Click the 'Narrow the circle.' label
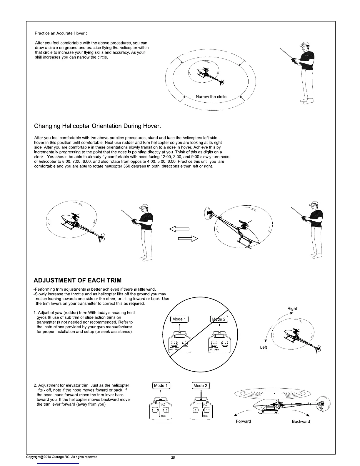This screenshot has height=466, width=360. pyautogui.click(x=211, y=97)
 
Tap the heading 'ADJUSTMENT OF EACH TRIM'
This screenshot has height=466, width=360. pyautogui.click(x=78, y=280)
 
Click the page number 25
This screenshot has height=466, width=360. pyautogui.click(x=173, y=457)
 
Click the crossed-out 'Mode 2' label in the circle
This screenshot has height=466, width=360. pyautogui.click(x=219, y=319)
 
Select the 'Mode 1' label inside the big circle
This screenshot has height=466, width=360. pyautogui.click(x=179, y=319)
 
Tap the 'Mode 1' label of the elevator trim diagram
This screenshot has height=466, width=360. pyautogui.click(x=161, y=385)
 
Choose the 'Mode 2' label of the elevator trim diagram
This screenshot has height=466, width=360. pyautogui.click(x=200, y=385)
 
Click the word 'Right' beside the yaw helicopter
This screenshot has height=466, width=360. pyautogui.click(x=292, y=309)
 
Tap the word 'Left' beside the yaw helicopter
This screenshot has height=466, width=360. pyautogui.click(x=264, y=347)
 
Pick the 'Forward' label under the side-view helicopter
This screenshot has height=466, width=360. pyautogui.click(x=243, y=421)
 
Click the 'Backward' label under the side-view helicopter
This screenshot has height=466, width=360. pyautogui.click(x=301, y=421)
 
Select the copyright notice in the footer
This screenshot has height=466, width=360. pyautogui.click(x=62, y=457)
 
